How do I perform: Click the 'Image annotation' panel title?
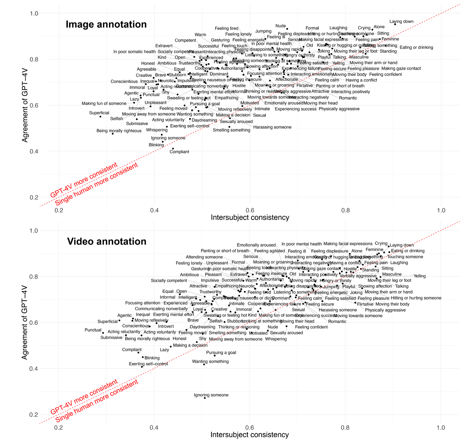pos(106,24)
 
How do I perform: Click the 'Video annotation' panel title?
pos(107,241)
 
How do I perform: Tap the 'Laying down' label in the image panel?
pos(401,21)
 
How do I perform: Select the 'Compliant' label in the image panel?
pos(179,152)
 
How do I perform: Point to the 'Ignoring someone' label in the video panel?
pos(211,395)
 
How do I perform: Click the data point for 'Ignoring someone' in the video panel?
pos(205,398)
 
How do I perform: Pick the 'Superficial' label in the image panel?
pos(99,113)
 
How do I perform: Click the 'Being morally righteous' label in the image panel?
pos(119,131)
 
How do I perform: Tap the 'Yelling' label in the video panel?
pos(419,276)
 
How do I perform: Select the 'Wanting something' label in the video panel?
pos(210,361)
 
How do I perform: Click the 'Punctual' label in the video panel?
pos(93,330)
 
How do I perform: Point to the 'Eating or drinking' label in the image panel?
pos(416,47)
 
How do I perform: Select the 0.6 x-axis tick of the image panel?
pos(250,210)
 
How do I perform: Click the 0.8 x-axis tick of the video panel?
pos(345,428)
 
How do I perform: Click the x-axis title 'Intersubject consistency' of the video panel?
pos(250,435)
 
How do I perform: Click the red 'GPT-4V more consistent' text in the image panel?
pos(84,180)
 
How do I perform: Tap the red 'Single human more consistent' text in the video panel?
pos(96,402)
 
